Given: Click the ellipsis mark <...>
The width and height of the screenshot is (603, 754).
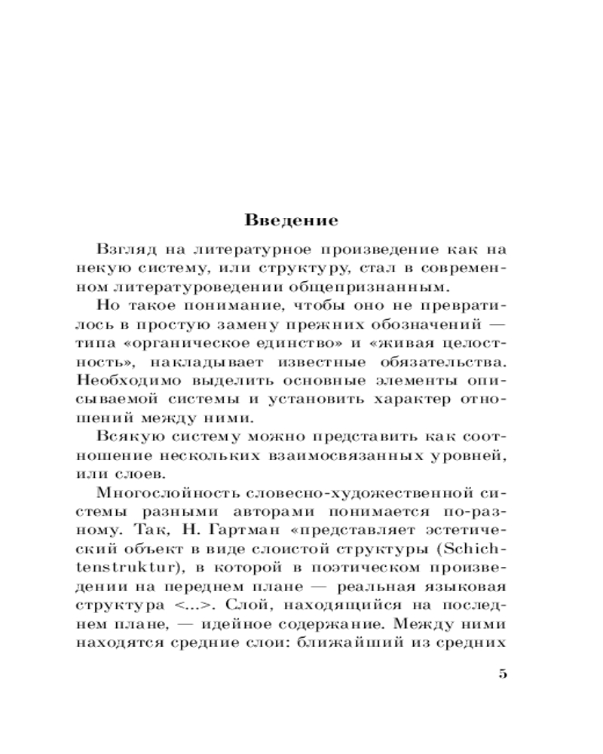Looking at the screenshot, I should point(185,604).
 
